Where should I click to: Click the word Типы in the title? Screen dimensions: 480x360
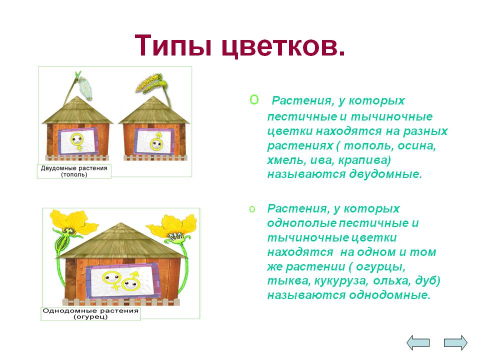coord(173,45)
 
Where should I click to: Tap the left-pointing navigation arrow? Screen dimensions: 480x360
coord(418,342)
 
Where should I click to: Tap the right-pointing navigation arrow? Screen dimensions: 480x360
coord(456,342)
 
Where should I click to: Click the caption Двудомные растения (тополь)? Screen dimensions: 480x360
coord(74,171)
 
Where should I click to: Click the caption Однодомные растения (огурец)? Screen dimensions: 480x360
coord(90,314)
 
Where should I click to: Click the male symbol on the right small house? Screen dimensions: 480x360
coord(156,141)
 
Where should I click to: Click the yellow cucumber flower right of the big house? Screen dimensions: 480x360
coord(172,227)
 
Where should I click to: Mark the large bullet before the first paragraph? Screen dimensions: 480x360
coord(254,99)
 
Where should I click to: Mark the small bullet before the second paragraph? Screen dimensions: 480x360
coord(252,209)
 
